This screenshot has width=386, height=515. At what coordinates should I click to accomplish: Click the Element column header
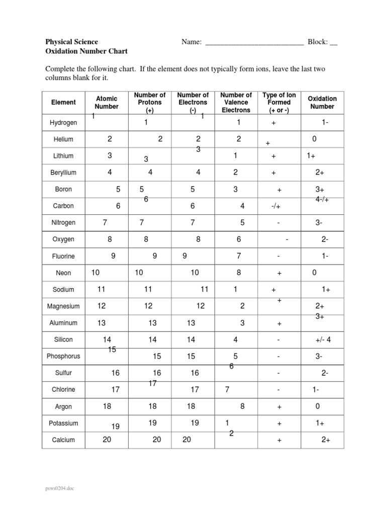pos(63,103)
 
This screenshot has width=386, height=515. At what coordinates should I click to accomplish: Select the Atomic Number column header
pos(107,103)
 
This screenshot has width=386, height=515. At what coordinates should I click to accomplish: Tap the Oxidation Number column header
pos(322,103)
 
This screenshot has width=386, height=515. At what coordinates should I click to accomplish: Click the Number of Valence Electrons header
pos(236,103)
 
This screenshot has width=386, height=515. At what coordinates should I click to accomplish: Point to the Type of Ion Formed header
pos(279,103)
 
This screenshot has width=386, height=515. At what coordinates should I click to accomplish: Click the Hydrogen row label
pos(63,123)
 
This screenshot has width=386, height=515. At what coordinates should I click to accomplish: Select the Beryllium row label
pos(63,173)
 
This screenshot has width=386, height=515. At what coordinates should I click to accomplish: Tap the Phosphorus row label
pos(63,356)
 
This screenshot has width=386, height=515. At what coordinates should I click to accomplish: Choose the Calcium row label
pos(63,440)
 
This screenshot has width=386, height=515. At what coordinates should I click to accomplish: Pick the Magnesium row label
pos(63,306)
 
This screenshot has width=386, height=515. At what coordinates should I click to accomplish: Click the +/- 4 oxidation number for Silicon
pos(322,340)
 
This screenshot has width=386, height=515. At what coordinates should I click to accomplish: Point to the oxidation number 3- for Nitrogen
pos(319,223)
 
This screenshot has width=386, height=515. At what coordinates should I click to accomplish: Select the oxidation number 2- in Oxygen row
pos(325,240)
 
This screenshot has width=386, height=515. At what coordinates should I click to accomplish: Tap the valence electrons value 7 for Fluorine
pos(239,256)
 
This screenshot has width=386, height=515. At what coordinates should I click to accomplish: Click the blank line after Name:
pos(254,42)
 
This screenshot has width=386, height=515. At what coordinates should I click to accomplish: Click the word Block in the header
pos(318,42)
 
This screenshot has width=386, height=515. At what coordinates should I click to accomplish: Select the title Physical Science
pos(72,42)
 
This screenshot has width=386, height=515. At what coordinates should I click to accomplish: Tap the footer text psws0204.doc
pos(60,488)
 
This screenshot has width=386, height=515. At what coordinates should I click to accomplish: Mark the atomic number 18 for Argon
pos(107,406)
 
